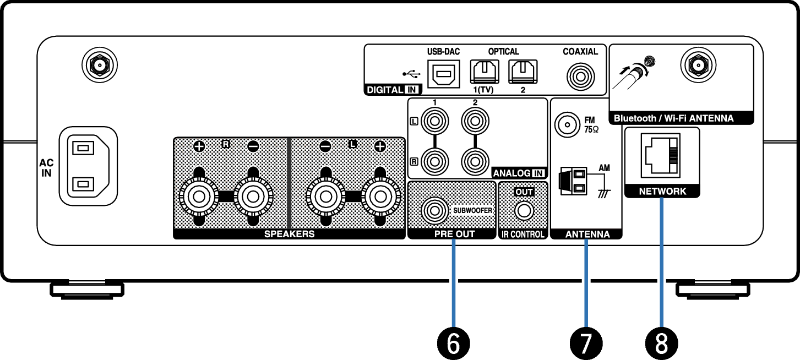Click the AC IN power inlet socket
pos(88,166)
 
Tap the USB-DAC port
pos(444,74)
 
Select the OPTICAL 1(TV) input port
pos(485,72)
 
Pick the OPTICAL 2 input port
pos(523,72)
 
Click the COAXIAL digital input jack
pos(580,77)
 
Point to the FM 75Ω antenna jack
pos(567,125)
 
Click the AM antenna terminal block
pos(573,181)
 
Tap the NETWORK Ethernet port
pos(660,155)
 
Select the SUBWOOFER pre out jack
pos(434,210)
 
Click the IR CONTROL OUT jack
pos(524,211)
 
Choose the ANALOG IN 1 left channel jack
pos(434,121)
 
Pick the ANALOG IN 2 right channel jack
pos(475,161)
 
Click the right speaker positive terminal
pos(199,197)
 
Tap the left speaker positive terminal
pos(380,197)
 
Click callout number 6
pos(454,343)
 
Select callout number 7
pos(586,343)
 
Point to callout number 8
pos(661,343)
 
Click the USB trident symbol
pos(411,74)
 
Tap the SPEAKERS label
pos(289,234)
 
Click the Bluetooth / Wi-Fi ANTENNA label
pos(673,118)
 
